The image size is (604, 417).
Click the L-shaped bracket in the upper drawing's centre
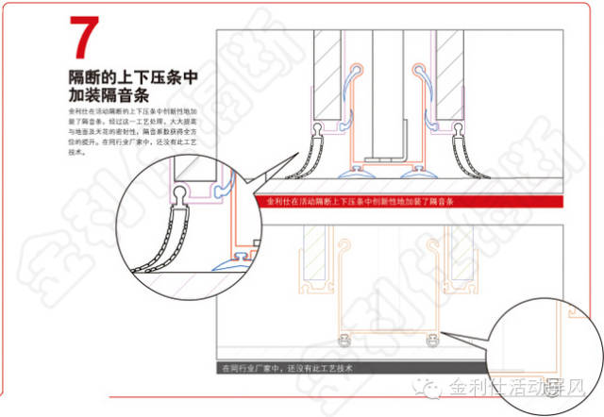click(x=402, y=142)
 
